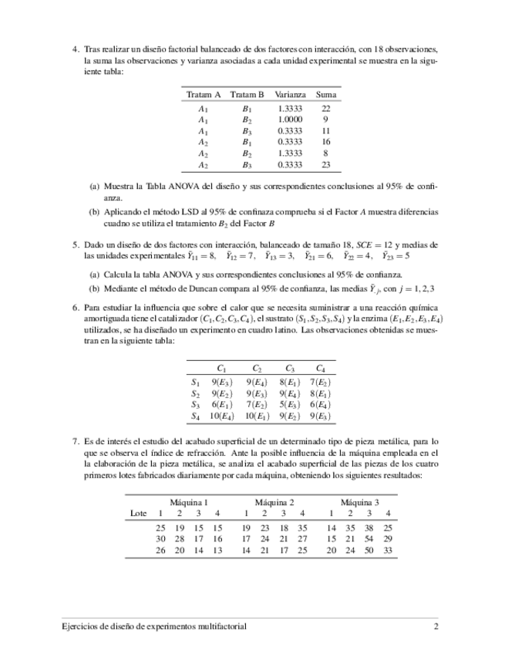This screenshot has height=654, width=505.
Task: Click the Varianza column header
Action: [x=291, y=95]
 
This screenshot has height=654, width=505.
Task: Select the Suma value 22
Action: [x=326, y=109]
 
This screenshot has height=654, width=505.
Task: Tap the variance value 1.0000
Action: [x=291, y=120]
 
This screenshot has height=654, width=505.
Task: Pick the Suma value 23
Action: [x=326, y=164]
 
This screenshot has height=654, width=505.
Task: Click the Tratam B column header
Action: [x=247, y=95]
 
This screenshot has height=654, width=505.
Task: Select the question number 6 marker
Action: [x=76, y=307]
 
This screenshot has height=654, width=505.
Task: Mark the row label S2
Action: [x=195, y=393]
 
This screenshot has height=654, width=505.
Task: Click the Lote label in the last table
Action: [x=139, y=514]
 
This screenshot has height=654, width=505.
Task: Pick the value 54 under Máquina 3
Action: [x=369, y=538]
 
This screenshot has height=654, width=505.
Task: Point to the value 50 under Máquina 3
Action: [x=369, y=550]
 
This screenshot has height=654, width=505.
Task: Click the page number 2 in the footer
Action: [x=436, y=627]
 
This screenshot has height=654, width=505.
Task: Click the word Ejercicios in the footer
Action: [x=80, y=627]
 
